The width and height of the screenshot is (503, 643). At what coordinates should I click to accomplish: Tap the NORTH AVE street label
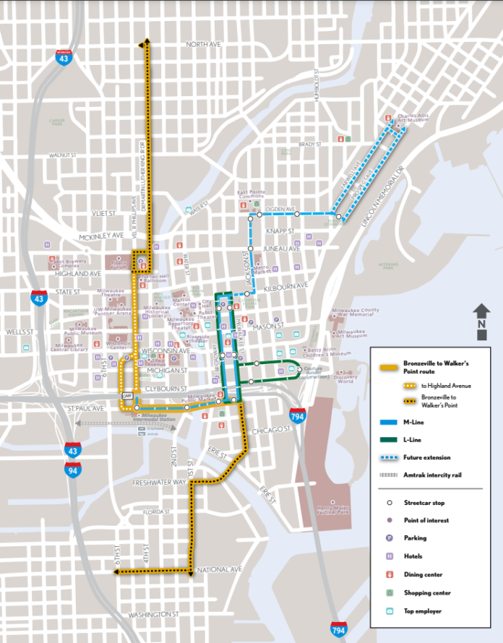[202, 44]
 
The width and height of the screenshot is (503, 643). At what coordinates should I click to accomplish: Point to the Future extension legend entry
[426, 457]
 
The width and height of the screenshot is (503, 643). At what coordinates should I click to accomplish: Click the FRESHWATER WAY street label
[159, 481]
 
